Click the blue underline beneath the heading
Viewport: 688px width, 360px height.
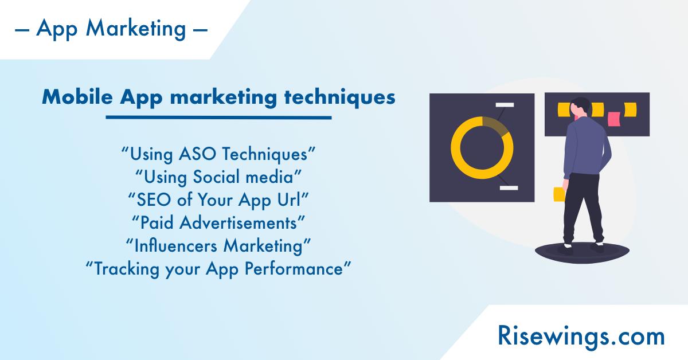pyautogui.click(x=218, y=118)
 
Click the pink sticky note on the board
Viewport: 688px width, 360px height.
pyautogui.click(x=614, y=119)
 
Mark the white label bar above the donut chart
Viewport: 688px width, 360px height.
pyautogui.click(x=505, y=105)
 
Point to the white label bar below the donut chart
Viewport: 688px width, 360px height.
pyautogui.click(x=509, y=187)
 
